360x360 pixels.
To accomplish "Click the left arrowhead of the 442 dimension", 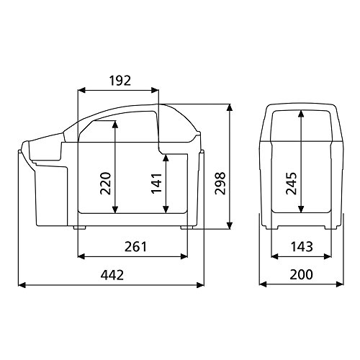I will pos(19,285).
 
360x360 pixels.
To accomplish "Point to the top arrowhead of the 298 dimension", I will pos(230,106).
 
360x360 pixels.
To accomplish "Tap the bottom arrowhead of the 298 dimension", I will pos(230,227).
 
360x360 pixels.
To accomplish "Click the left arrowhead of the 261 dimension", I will pos(79,256).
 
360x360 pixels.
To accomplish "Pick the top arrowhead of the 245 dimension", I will pos(299,112).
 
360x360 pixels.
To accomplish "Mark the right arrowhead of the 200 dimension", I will pos(336,285).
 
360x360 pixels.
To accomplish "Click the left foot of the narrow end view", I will pos(274,228).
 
